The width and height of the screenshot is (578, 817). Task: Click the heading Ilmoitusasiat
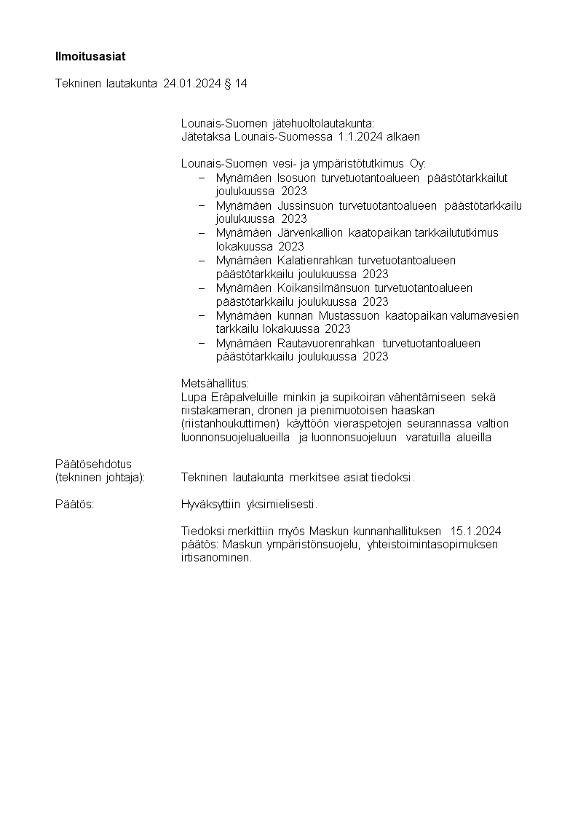85,56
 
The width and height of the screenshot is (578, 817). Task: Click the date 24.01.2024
191,84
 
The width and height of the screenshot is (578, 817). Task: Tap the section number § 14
235,84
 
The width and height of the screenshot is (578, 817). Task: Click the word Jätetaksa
205,136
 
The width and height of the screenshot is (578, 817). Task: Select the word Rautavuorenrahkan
326,344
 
